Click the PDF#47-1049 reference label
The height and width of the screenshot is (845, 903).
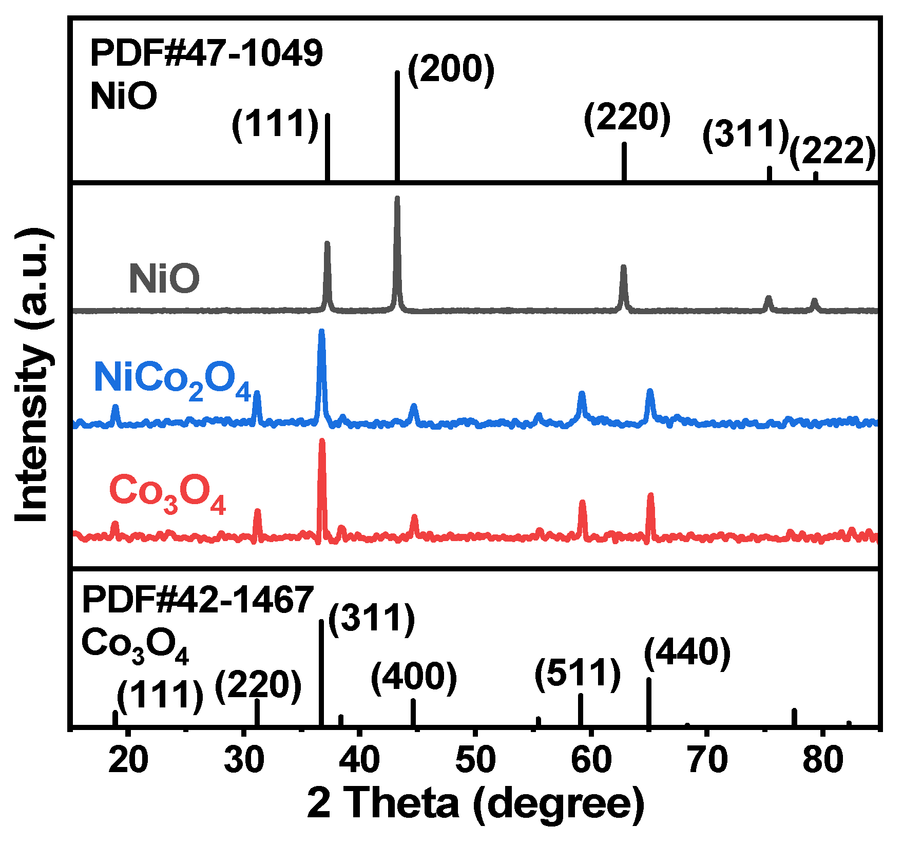point(206,54)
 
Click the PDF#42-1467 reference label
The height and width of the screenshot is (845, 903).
point(198,600)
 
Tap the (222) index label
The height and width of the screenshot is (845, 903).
point(832,152)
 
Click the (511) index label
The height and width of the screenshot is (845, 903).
point(578,674)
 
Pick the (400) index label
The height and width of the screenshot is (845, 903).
point(414,678)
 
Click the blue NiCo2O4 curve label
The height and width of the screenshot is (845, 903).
point(172,380)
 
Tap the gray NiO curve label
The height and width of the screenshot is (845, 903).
point(164,279)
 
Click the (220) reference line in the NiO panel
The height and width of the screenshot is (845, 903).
point(624,162)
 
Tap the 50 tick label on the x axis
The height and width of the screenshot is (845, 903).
point(476,760)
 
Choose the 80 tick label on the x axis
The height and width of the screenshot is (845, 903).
point(823,760)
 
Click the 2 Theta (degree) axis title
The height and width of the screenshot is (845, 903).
point(476,804)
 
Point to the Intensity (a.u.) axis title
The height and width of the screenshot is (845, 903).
point(32,375)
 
